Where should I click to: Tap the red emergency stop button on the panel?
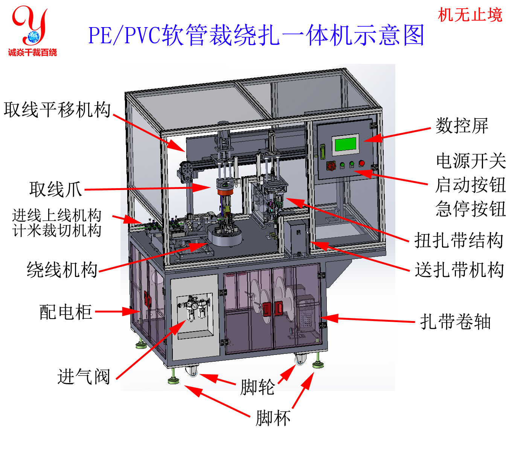(362, 163)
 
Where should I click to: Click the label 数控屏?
(462, 126)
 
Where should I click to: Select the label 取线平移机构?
(57, 110)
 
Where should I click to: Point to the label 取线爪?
(56, 189)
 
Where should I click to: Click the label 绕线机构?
(62, 269)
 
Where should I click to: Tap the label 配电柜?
(66, 312)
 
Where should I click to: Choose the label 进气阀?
(84, 376)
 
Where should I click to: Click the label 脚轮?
(257, 387)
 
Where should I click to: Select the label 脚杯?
(273, 418)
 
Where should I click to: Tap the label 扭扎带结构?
(459, 240)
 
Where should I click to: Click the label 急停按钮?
(471, 208)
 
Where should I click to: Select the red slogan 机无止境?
(470, 15)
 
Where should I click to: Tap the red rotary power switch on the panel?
(331, 166)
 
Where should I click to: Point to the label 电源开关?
(471, 161)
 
